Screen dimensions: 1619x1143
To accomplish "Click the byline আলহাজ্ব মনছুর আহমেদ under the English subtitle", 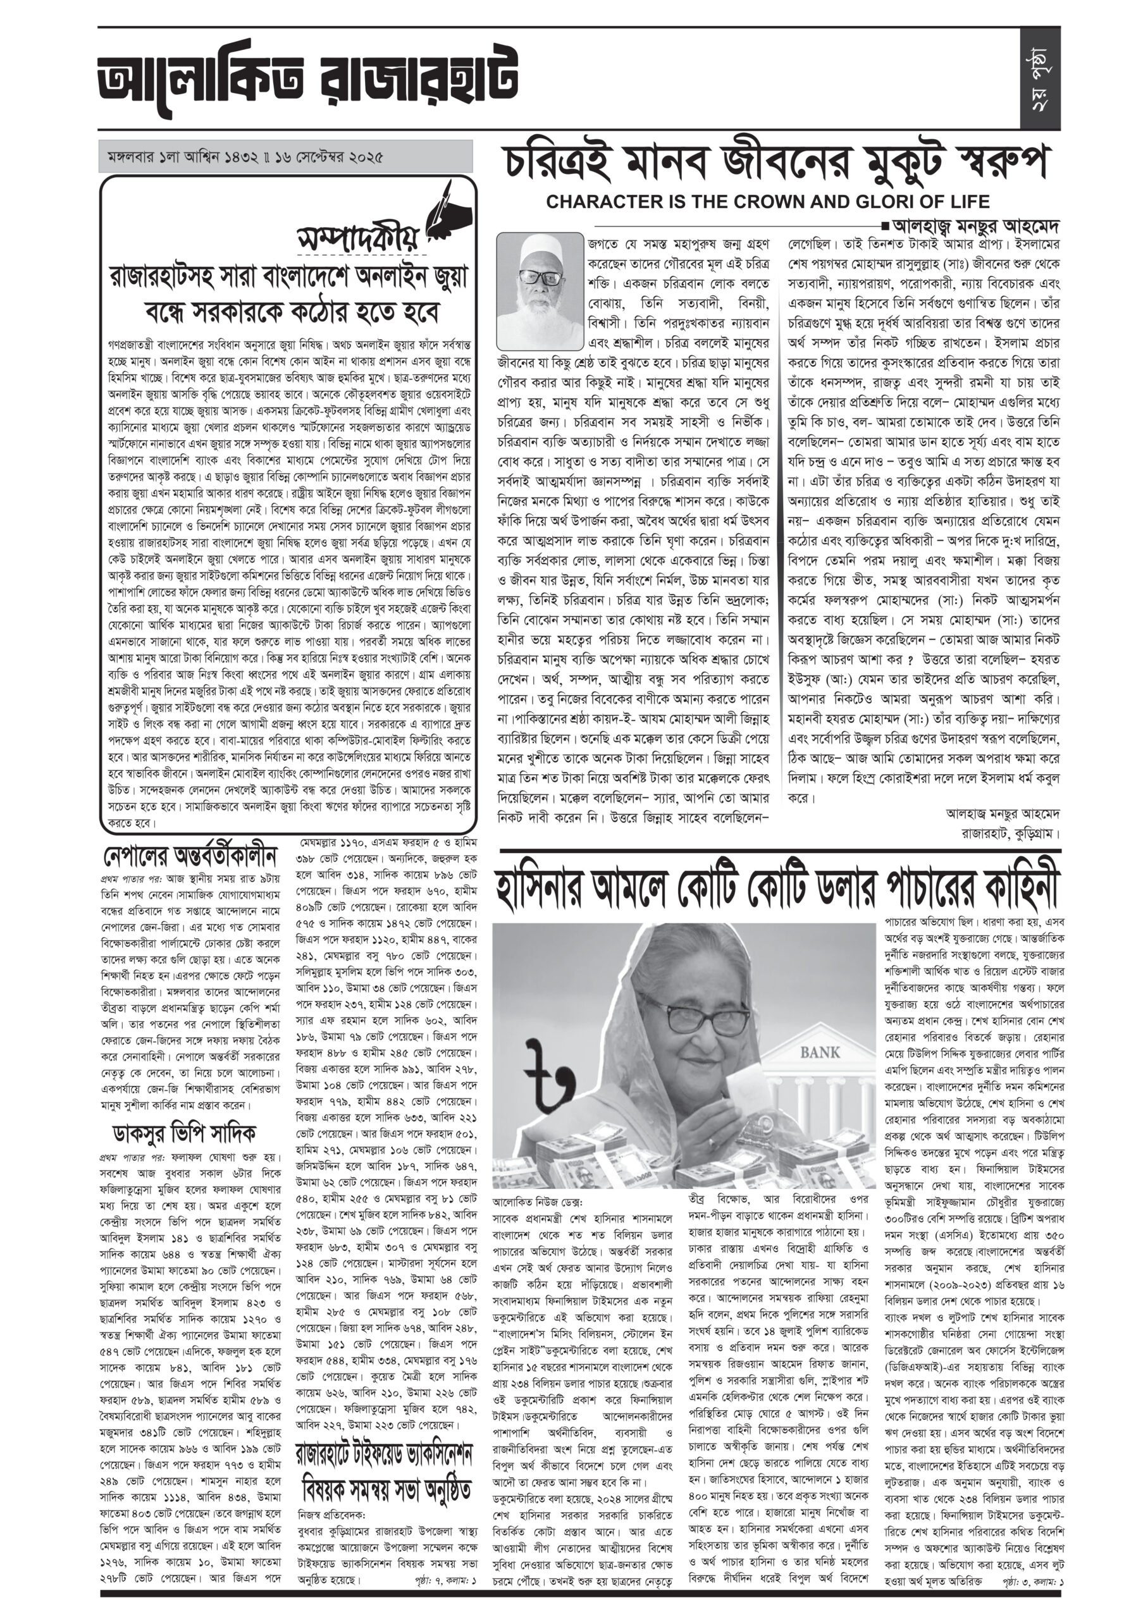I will pyautogui.click(x=976, y=227).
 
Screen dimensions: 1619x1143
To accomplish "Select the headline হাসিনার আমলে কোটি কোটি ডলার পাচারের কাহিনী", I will pyautogui.click(x=779, y=887).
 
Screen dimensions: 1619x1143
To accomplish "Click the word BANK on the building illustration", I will pyautogui.click(x=820, y=1053).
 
